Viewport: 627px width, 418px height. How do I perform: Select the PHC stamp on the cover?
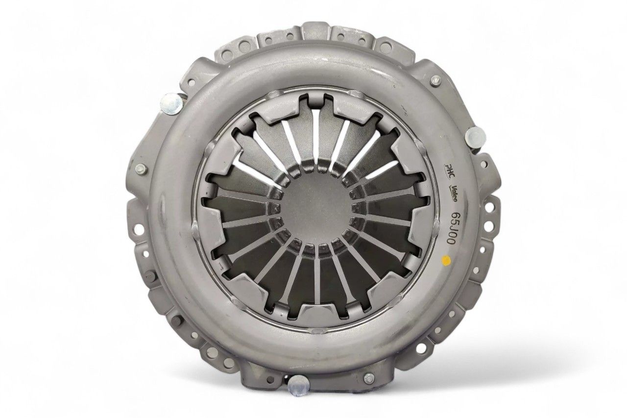point(448,170)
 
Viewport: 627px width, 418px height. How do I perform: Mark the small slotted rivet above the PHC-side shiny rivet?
point(435,81)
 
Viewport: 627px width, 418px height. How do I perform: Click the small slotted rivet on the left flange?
point(139,169)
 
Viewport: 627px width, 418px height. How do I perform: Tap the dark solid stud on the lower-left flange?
point(174,322)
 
